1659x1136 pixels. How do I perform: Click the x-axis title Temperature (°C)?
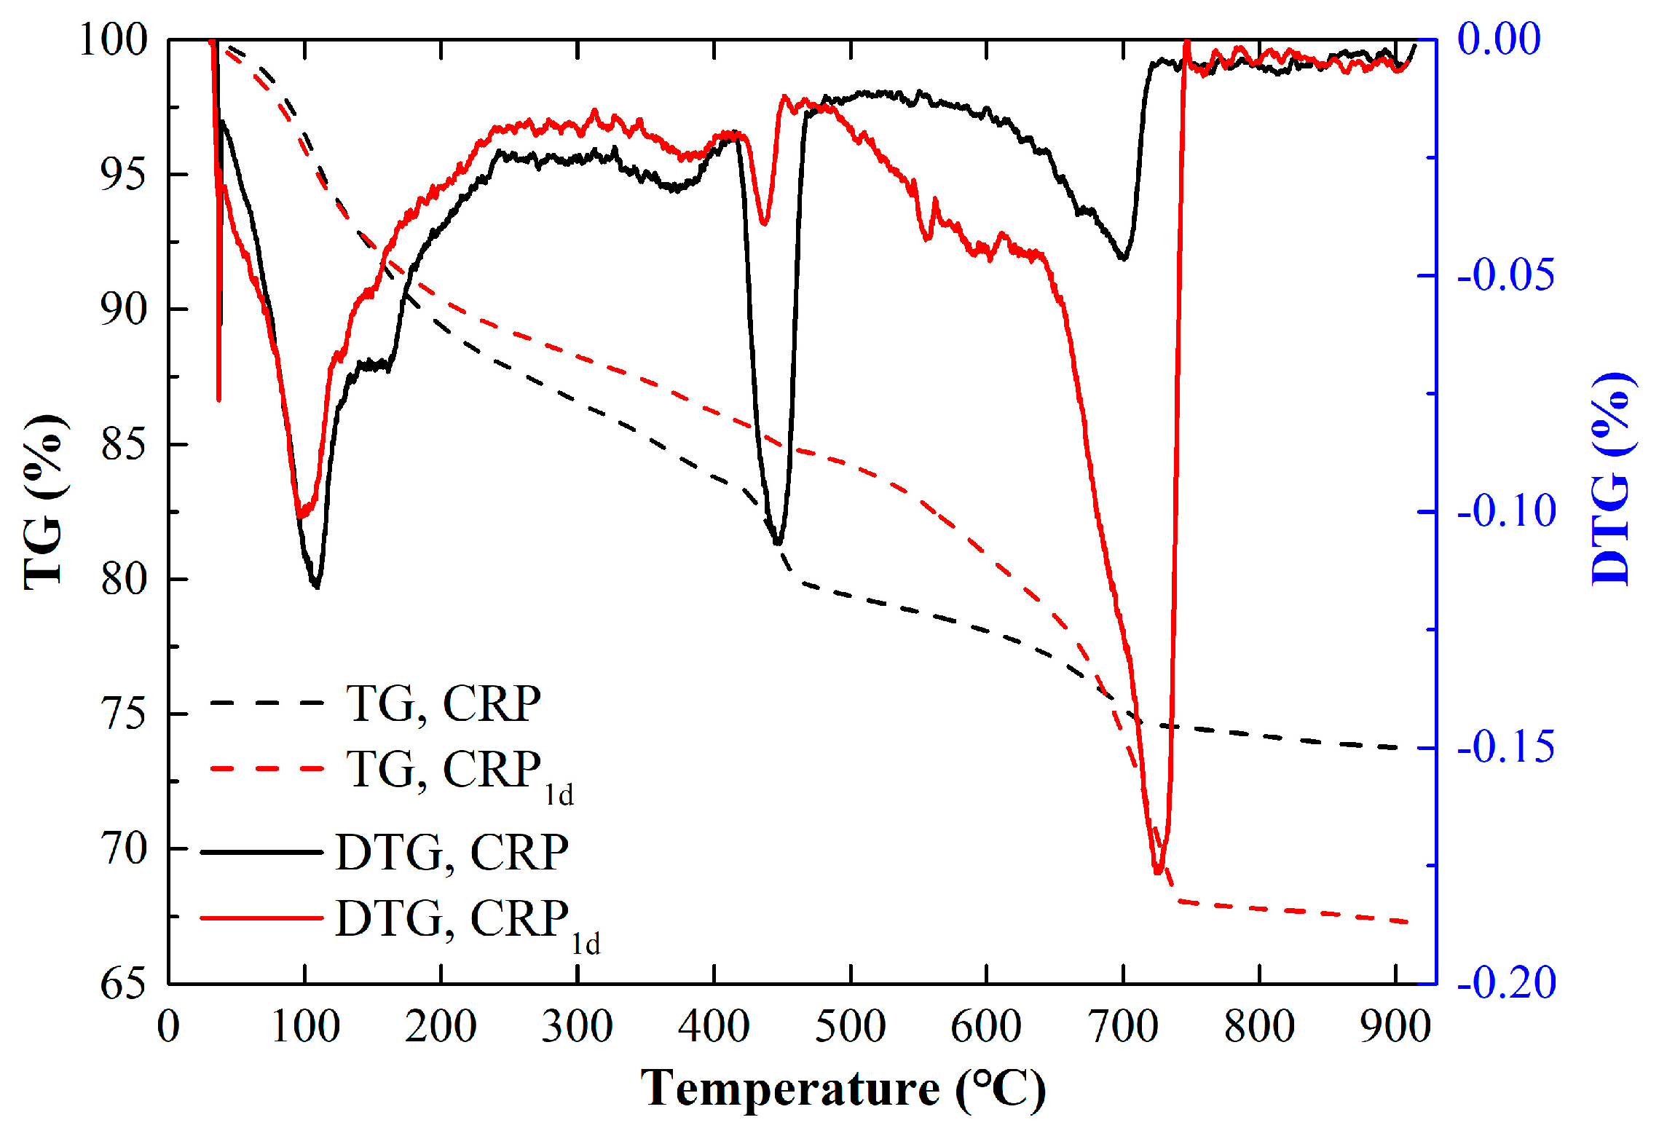843,1090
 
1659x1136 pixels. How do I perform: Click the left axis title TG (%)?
44,502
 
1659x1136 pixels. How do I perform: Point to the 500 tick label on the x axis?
850,1027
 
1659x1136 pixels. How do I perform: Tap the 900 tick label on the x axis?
1395,1027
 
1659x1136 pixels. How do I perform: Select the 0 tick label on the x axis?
168,1027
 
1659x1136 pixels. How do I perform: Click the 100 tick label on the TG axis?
114,39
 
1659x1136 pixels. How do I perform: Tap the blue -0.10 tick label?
1506,511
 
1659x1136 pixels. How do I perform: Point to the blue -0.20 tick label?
1506,983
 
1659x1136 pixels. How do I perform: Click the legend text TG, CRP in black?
444,703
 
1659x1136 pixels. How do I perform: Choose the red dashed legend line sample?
267,768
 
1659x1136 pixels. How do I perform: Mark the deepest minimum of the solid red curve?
1158,871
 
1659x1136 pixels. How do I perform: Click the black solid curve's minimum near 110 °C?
316,585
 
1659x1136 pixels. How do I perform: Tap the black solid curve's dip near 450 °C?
778,543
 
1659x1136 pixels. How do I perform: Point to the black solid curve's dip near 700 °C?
1124,258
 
